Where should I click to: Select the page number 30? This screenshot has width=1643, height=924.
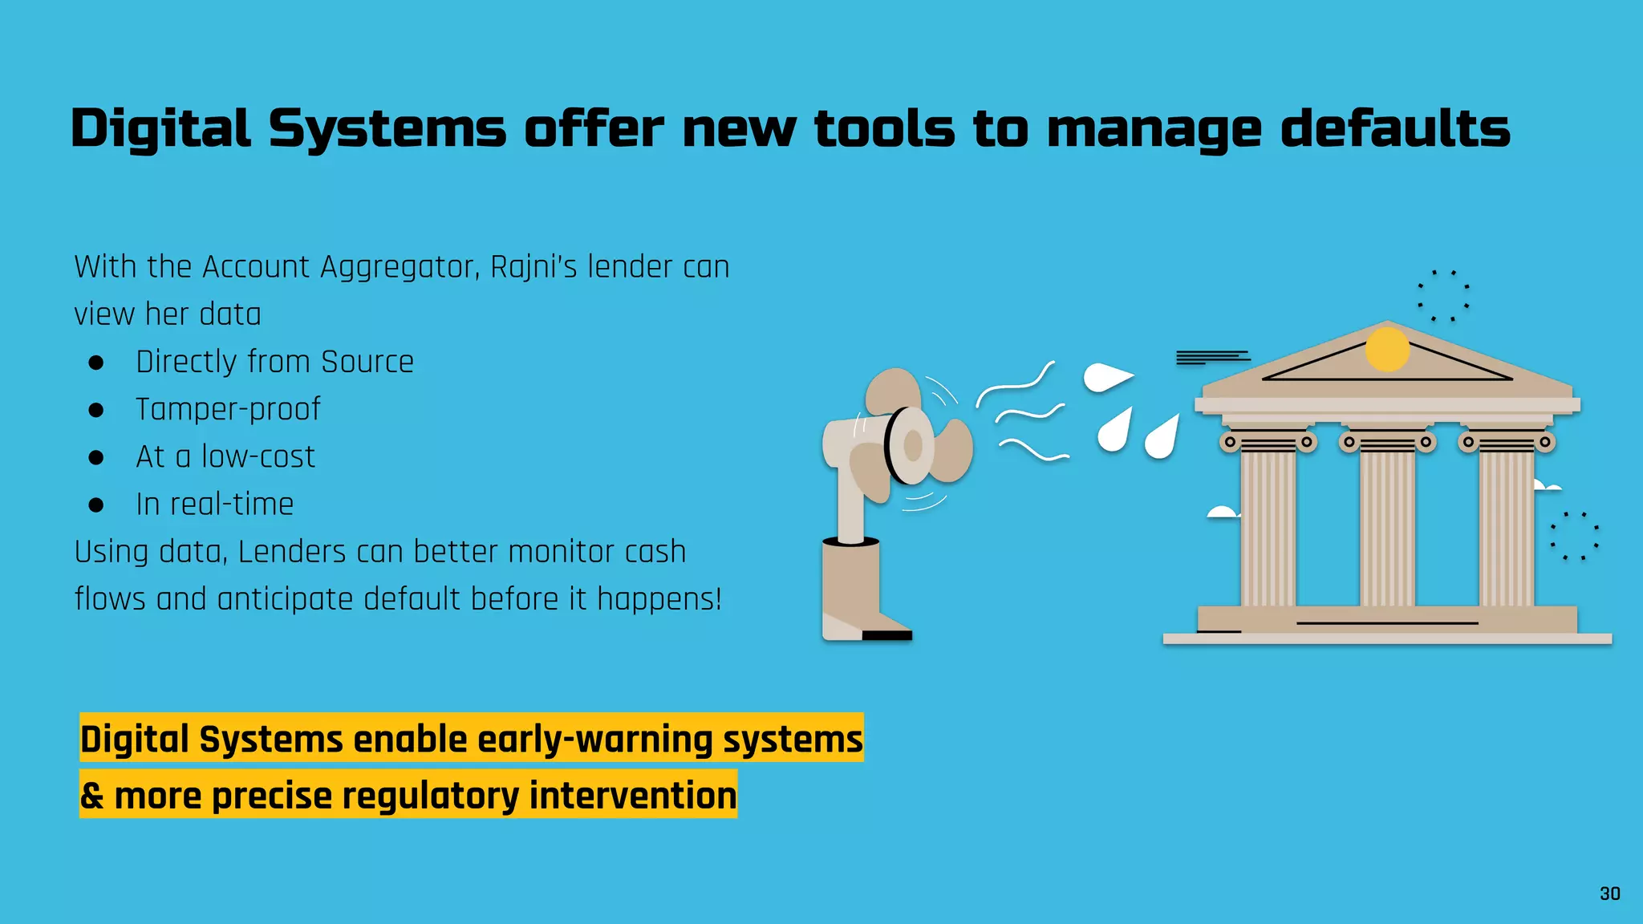pos(1609,894)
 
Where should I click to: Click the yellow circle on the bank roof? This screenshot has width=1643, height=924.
pos(1387,349)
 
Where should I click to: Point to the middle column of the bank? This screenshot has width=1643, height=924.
pos(1387,525)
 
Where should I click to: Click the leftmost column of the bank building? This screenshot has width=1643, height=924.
pos(1268,525)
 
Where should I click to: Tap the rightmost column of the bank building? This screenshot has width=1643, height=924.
pos(1506,525)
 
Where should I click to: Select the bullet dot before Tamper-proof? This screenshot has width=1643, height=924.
pos(96,411)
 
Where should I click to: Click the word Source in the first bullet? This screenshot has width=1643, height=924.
pos(367,362)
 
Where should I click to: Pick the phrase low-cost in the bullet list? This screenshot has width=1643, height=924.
pos(258,456)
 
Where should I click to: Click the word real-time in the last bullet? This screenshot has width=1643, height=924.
pos(232,505)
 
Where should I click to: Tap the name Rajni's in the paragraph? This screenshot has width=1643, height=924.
pos(533,267)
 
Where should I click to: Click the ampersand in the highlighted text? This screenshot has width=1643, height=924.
pos(91,796)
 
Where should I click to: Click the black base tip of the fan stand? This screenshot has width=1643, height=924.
pos(886,635)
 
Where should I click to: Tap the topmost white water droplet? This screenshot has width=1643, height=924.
pos(1107,377)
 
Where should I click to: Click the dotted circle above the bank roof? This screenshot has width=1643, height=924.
pos(1443,296)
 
